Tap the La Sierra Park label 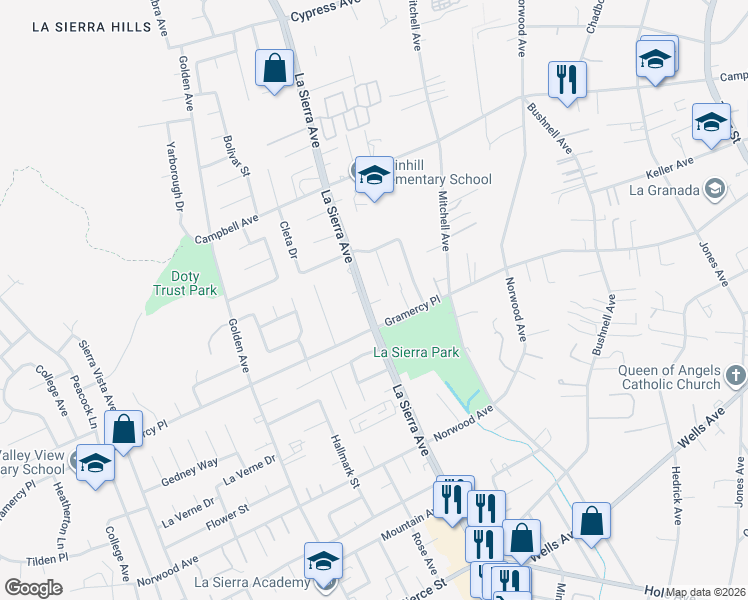[416, 352]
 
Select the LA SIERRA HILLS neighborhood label [91, 28]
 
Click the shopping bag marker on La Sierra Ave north [274, 69]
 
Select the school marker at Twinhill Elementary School [374, 176]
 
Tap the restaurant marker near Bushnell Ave [567, 79]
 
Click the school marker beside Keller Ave [711, 123]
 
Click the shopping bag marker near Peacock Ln [124, 430]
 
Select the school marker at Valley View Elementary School [96, 464]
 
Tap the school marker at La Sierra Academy [324, 562]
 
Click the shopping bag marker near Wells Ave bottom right [591, 521]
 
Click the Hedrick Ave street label [676, 495]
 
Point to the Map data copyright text [705, 592]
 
